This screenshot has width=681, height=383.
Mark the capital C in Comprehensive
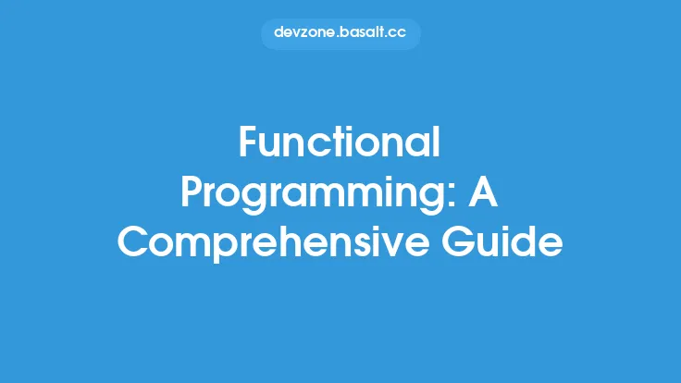pos(134,241)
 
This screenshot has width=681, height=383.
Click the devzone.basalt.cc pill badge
pos(340,33)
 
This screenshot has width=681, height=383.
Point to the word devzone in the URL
pos(305,33)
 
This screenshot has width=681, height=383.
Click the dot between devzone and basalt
pos(338,37)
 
